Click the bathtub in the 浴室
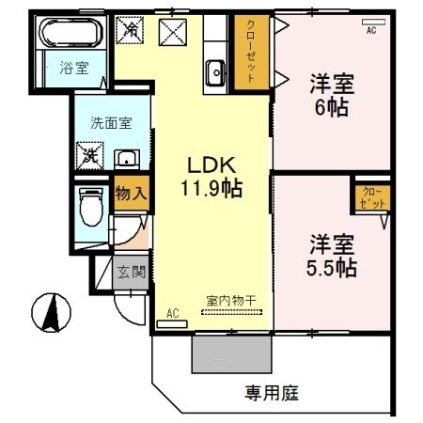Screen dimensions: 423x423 [70, 35]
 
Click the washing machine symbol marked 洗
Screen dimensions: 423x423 [89, 153]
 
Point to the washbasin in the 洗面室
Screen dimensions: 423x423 [125, 158]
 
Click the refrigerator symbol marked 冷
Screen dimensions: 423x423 [131, 30]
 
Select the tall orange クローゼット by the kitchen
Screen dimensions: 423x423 [250, 53]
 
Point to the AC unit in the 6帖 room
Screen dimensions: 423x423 [370, 29]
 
